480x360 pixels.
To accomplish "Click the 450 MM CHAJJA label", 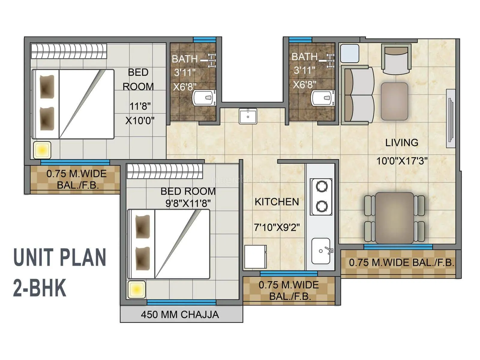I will click(x=180, y=314).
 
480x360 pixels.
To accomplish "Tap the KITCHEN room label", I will click(x=277, y=202).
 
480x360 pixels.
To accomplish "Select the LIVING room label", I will click(x=402, y=142).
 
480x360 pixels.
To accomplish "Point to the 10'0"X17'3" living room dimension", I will click(x=402, y=161).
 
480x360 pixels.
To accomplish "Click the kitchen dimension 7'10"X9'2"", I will click(x=277, y=227).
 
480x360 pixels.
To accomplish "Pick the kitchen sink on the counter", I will click(x=321, y=251).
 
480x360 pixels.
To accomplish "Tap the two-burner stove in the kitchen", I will click(x=322, y=196).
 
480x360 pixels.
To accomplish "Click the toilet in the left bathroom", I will click(x=204, y=98).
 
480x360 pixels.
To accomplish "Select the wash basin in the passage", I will click(x=248, y=116).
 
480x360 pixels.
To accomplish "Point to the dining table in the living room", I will click(x=394, y=218).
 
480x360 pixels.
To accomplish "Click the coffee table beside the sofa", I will click(x=394, y=101).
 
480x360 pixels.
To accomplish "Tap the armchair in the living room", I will click(x=396, y=59).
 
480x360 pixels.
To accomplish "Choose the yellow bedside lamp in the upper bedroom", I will click(x=42, y=150).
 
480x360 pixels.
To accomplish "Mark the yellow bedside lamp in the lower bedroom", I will click(x=136, y=289).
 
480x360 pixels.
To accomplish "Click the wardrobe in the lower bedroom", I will click(x=165, y=171).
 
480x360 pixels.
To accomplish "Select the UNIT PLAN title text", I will click(x=59, y=257).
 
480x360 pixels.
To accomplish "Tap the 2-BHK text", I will click(x=39, y=288).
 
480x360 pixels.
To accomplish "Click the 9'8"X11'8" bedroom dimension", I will click(x=188, y=203).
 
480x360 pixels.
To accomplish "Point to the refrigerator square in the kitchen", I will click(x=255, y=257).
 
